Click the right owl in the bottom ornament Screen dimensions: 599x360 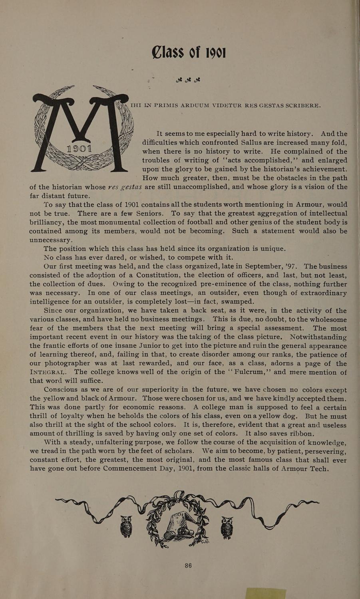227,527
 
